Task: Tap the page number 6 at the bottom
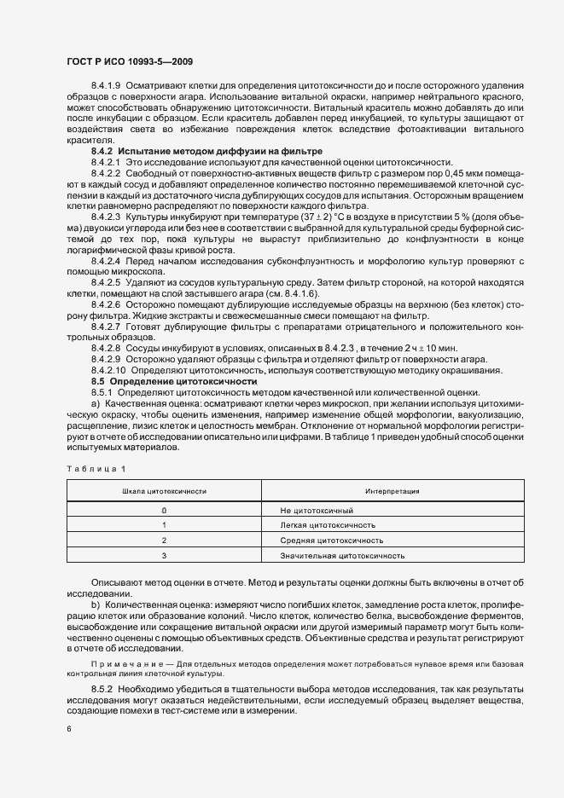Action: [68, 729]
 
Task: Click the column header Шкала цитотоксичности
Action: [164, 492]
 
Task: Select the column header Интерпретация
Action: [390, 492]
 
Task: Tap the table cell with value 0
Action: [164, 509]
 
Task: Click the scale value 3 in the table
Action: [164, 556]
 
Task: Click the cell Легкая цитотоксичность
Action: [328, 525]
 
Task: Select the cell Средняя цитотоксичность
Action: [332, 541]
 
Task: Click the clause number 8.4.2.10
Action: [108, 371]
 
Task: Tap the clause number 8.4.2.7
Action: [106, 325]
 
